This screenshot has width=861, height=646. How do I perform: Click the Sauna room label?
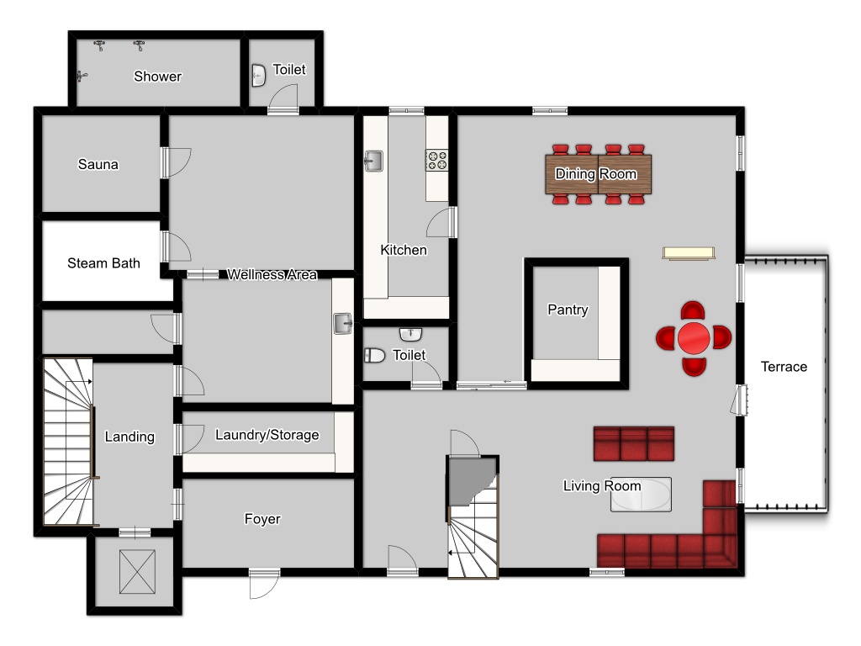98,164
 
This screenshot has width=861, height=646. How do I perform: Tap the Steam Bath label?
103,263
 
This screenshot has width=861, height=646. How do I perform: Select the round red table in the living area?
694,338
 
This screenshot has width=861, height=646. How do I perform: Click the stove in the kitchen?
437,160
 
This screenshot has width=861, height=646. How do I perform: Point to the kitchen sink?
373,161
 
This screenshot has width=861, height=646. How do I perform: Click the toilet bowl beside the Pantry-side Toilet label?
374,356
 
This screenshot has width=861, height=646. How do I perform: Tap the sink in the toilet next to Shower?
259,75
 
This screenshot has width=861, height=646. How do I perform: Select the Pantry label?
568,310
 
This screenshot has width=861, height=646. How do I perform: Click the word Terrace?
784,367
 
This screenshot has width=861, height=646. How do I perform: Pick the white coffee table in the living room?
641,495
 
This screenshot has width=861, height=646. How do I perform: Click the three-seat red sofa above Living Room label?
634,443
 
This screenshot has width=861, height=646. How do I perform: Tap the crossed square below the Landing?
137,572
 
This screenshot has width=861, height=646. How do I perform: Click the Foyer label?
262,519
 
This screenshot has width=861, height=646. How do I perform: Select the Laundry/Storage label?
267,435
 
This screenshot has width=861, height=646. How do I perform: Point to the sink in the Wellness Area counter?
343,324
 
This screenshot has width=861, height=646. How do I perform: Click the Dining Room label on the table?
596,174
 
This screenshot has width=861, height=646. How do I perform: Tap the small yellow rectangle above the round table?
689,253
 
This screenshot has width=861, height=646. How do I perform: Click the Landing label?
129,437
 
